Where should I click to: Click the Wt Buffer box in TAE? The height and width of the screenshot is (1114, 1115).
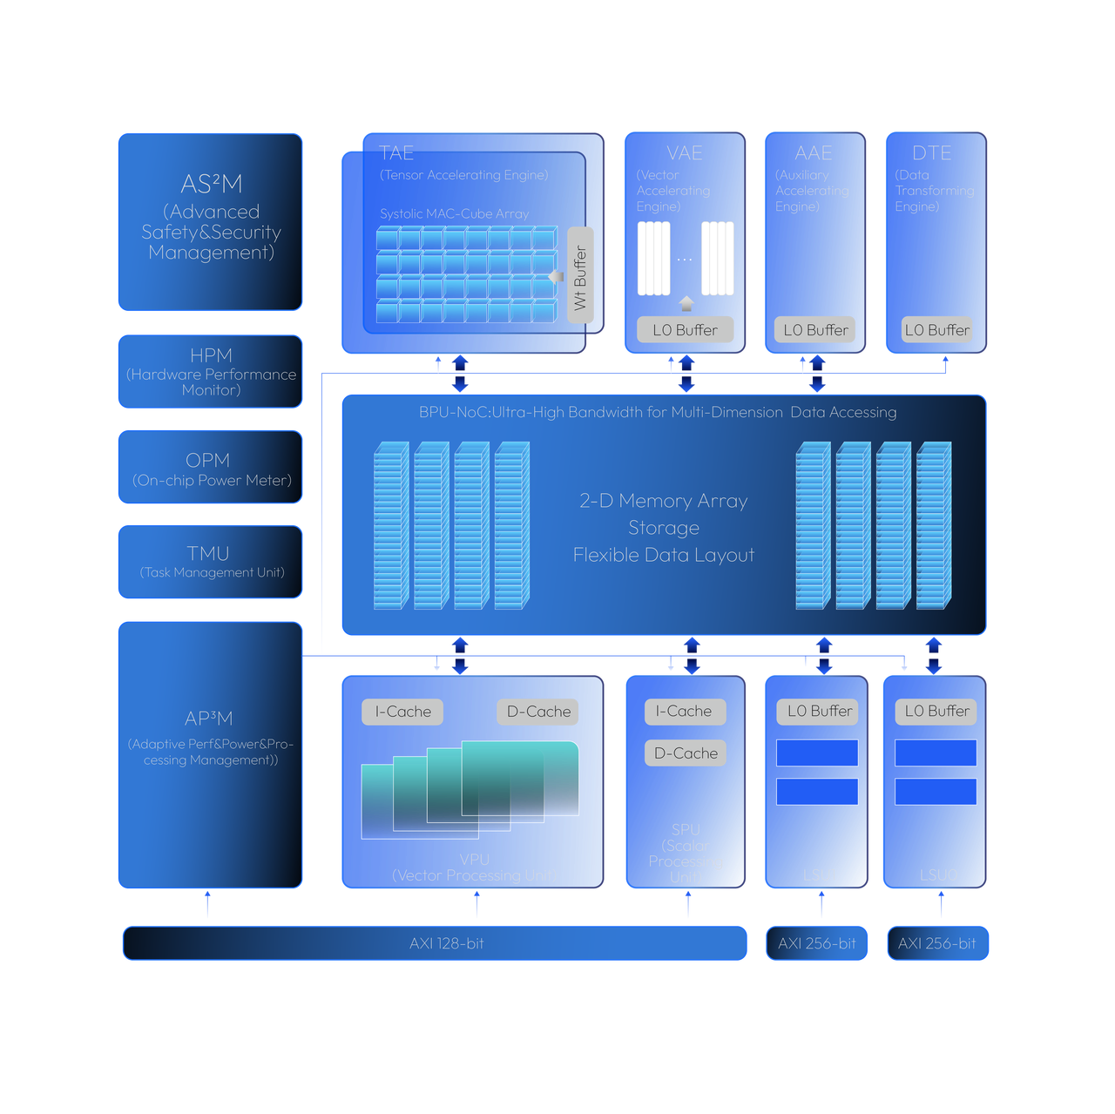(580, 275)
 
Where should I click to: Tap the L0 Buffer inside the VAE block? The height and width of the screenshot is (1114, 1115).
(685, 330)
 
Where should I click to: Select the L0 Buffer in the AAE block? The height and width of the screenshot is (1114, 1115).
(815, 330)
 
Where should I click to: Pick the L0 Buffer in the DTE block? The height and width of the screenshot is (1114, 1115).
(936, 330)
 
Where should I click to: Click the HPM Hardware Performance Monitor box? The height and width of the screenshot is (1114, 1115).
(211, 372)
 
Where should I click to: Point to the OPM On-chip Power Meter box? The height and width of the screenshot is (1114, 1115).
(211, 468)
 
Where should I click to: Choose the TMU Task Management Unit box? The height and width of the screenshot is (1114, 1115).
(211, 562)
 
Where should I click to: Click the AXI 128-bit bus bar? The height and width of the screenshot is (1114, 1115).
(435, 943)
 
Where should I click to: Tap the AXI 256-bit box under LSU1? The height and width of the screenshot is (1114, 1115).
(816, 943)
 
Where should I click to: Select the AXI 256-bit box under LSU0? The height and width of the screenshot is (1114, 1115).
(937, 943)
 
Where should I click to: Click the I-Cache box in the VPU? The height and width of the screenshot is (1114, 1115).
(402, 712)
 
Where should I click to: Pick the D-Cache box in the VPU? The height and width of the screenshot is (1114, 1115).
(538, 712)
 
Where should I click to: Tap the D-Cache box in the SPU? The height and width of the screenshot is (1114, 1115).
(686, 753)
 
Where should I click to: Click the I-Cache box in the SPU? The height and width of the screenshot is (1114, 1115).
(685, 712)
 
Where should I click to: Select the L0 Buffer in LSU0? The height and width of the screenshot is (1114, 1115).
(936, 712)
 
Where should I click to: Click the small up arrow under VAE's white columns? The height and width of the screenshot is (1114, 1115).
(686, 303)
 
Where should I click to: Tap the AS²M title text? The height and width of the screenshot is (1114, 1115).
(211, 184)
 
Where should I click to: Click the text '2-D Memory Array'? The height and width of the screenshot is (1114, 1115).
(664, 501)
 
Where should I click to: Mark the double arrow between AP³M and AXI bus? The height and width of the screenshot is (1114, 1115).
(207, 907)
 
